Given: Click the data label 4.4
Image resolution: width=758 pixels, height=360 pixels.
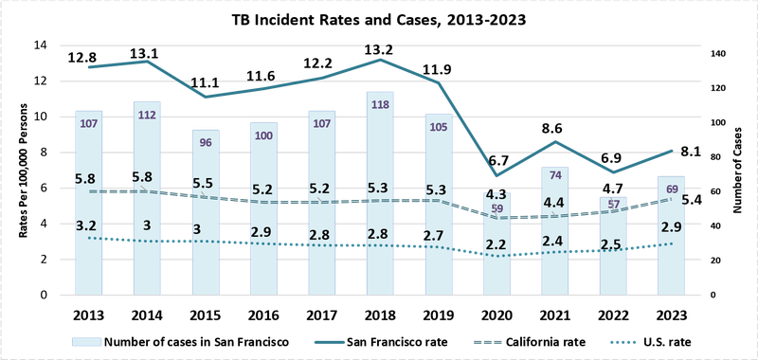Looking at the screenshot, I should pyautogui.click(x=555, y=202).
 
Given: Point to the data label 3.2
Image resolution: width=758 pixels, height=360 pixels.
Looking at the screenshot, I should pyautogui.click(x=86, y=225).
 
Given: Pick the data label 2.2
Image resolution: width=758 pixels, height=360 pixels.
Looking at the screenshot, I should pyautogui.click(x=496, y=244).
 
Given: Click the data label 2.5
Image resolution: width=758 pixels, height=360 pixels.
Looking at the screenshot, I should pyautogui.click(x=612, y=245).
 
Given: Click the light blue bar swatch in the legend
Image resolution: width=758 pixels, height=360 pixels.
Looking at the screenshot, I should pyautogui.click(x=87, y=341).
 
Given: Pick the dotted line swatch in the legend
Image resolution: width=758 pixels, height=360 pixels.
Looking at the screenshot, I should pyautogui.click(x=624, y=341).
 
